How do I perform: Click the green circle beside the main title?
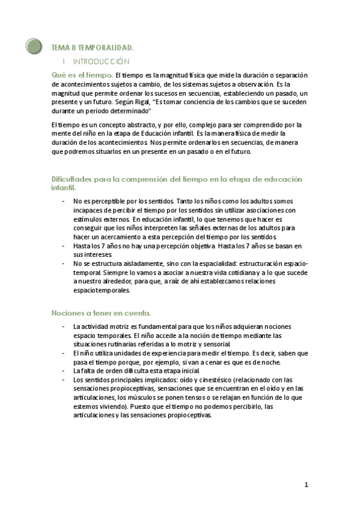[34, 46]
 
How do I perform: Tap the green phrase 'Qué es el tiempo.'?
[82, 75]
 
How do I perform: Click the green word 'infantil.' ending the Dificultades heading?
[63, 188]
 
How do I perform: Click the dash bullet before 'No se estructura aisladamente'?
[64, 263]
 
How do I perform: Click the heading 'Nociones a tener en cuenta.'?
[101, 313]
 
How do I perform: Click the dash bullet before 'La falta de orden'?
[64, 370]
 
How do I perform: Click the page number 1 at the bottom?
[306, 485]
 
